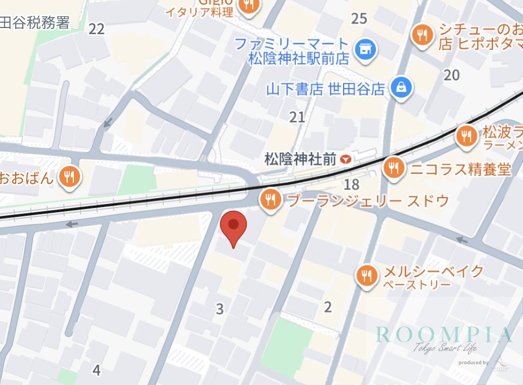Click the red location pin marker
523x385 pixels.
(x=234, y=226)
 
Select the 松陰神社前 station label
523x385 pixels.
(x=300, y=159)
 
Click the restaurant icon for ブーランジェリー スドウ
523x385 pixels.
(x=270, y=199)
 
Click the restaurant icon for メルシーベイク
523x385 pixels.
(x=368, y=276)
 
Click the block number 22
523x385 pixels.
(x=96, y=29)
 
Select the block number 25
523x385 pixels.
(x=359, y=19)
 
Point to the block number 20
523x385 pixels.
(x=452, y=75)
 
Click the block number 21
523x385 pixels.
(x=297, y=117)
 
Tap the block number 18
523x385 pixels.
(x=352, y=184)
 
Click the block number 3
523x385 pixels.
(x=220, y=309)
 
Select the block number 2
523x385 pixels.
(x=328, y=307)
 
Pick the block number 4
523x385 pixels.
(x=96, y=370)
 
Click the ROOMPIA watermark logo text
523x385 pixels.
(x=444, y=335)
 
